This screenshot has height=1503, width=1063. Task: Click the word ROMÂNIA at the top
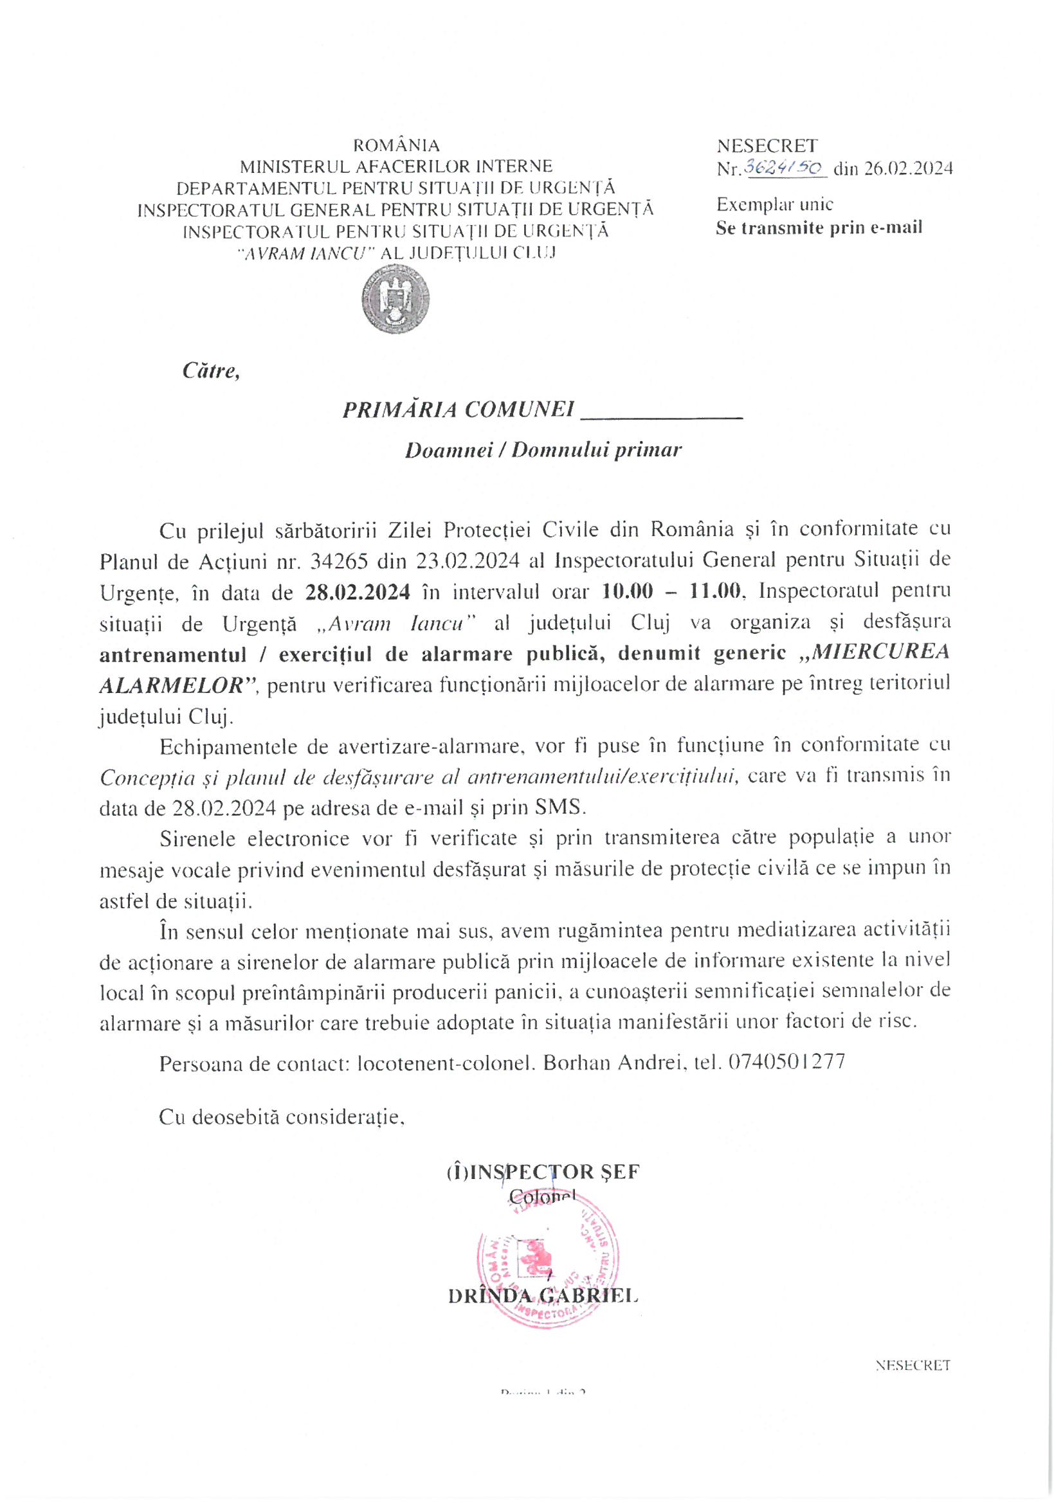[x=396, y=145]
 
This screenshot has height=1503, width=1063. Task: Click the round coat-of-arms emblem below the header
[x=395, y=301]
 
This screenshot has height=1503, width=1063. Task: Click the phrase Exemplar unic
[x=774, y=204]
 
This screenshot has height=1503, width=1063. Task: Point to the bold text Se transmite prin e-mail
[x=819, y=228]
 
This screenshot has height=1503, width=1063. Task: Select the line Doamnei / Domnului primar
[x=543, y=450]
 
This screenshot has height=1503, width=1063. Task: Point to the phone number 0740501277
[x=786, y=1061]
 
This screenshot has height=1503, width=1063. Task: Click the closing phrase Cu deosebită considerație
[x=281, y=1117]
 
